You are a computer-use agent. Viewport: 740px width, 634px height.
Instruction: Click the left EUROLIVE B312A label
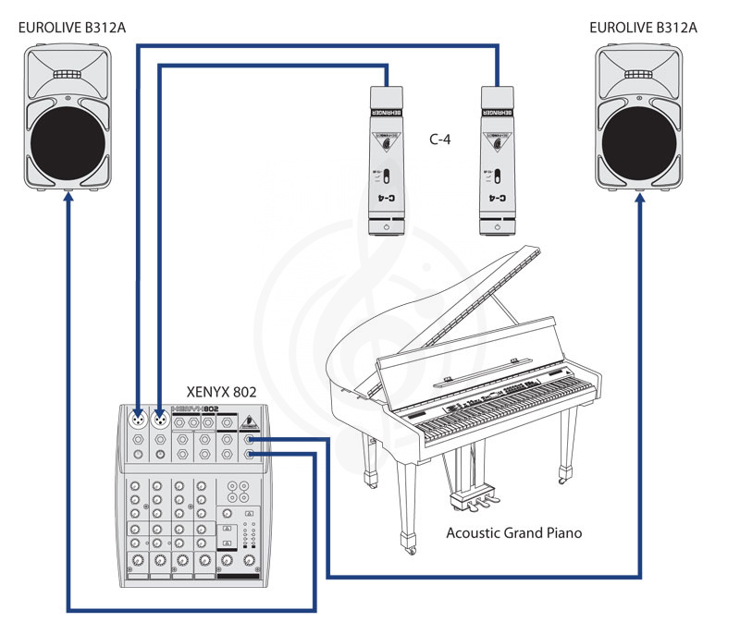coord(71,27)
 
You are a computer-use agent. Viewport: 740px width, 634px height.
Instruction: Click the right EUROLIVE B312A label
coord(643,27)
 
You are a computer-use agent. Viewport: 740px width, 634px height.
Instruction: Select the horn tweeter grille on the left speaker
coord(68,74)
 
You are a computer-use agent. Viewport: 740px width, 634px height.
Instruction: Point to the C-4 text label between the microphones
coord(440,140)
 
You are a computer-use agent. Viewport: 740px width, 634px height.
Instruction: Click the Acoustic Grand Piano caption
coord(514,533)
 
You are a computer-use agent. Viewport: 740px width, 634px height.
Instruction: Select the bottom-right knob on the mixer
coord(248,560)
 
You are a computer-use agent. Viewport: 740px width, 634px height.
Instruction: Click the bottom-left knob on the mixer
coord(137,560)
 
